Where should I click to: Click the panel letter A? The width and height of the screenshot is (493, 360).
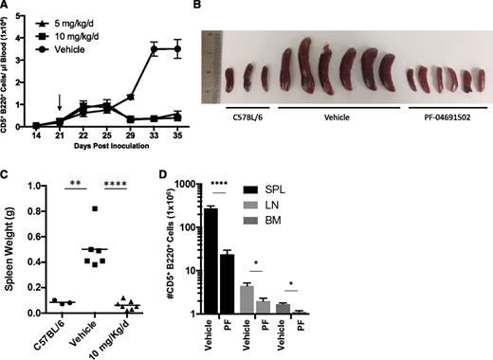coord(7,7)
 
